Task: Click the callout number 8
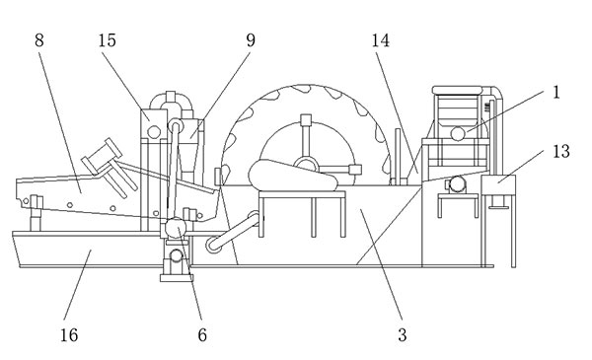[39, 40]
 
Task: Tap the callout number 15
[108, 40]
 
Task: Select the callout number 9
[251, 40]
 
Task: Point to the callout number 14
[381, 40]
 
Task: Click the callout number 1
[556, 93]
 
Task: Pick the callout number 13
[561, 151]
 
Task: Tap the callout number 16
[69, 334]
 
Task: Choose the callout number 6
[202, 334]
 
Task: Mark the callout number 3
[403, 334]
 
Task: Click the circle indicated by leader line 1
[458, 133]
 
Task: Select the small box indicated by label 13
[498, 184]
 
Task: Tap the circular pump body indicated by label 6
[176, 228]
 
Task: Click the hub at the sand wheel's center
[306, 165]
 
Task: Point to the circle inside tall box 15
[154, 132]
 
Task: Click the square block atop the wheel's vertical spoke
[306, 119]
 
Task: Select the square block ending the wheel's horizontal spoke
[355, 170]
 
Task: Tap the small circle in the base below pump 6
[176, 255]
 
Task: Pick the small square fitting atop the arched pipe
[171, 97]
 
